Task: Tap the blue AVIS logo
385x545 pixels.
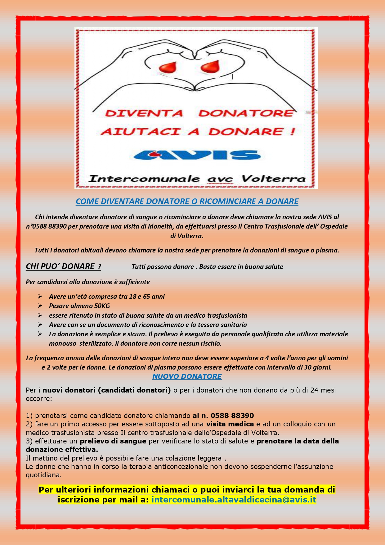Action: point(196,155)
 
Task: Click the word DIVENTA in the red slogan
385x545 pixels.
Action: point(144,113)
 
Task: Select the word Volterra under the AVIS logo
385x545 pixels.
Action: point(273,179)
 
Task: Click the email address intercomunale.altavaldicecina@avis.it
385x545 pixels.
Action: point(234,500)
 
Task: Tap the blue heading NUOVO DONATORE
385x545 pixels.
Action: point(187,376)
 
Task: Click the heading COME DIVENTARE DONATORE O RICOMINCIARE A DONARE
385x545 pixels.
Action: point(187,201)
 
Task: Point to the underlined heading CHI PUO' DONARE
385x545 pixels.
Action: point(63,266)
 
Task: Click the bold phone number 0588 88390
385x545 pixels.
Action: point(232,416)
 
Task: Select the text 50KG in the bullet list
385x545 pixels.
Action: point(102,306)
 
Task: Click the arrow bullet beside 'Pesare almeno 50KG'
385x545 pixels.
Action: point(40,306)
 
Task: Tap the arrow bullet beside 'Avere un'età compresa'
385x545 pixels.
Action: point(40,296)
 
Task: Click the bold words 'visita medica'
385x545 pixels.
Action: point(230,424)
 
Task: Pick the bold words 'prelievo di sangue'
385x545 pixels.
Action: point(113,441)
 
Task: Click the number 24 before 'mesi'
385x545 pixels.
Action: point(314,390)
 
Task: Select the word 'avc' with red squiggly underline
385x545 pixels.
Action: point(220,179)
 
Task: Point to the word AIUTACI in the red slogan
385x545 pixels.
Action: point(141,132)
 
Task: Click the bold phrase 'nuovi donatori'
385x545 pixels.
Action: point(69,390)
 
